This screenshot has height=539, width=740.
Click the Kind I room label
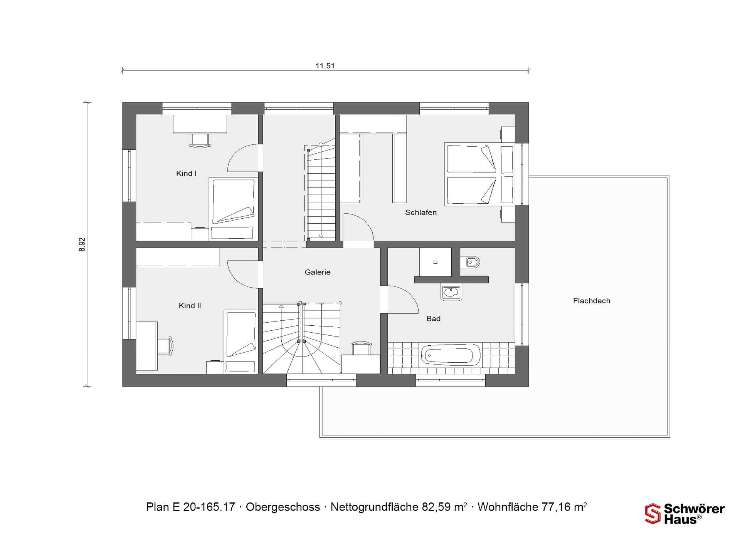pos(186,174)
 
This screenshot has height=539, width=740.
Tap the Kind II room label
pos(190,306)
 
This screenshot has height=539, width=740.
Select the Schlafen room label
pos(421,213)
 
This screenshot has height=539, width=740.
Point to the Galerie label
pos(318,272)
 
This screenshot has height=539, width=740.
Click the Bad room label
pos(433,319)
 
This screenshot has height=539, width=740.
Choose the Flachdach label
pos(592,301)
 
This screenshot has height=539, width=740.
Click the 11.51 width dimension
pos(325,66)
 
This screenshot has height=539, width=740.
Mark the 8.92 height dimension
pos(82,244)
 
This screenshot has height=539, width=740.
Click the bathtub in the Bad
pos(451,355)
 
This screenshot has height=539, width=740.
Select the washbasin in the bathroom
pos(451,293)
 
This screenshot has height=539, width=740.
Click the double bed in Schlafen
pos(480,174)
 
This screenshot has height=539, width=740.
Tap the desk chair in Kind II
pos(165,345)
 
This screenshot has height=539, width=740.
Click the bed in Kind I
pos(233,209)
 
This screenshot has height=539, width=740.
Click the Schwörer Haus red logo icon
pos(653,514)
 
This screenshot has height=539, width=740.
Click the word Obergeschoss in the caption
pos(283,507)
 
